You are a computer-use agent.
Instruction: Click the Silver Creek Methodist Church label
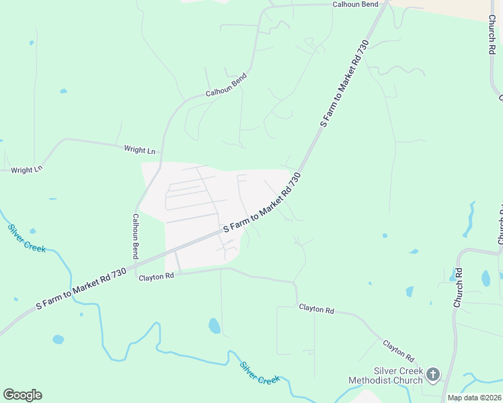(x=385, y=375)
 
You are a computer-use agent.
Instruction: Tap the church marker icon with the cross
(x=433, y=374)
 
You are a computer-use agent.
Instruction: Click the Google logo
(x=22, y=395)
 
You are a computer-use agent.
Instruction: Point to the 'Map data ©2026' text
(x=475, y=397)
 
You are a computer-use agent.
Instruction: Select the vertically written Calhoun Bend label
(x=135, y=236)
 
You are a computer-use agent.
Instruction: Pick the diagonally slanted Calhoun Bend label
(x=227, y=85)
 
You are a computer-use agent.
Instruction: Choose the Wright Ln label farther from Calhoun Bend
(x=27, y=170)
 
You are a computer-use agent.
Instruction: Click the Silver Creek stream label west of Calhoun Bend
(x=27, y=238)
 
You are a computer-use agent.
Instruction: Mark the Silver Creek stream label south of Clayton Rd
(x=260, y=373)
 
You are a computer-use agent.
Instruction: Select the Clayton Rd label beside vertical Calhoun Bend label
(x=156, y=276)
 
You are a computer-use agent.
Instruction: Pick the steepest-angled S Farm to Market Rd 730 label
(x=344, y=84)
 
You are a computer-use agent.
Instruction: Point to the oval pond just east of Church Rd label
(x=486, y=277)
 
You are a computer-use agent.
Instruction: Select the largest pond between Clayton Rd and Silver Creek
(x=215, y=326)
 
